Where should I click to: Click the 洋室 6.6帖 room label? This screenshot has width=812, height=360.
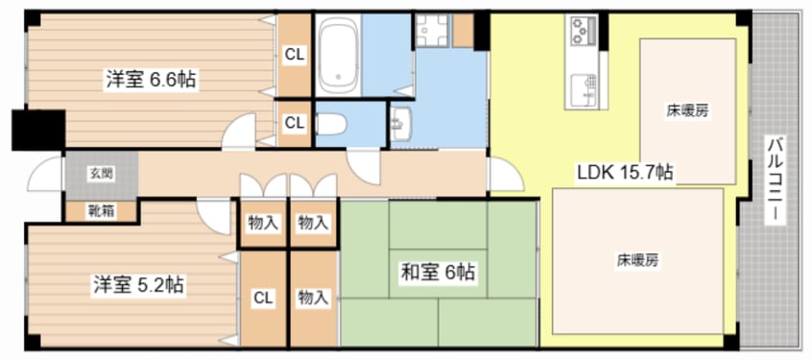[151, 81]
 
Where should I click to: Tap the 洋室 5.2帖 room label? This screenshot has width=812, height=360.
[139, 285]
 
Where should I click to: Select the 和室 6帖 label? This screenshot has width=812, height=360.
[438, 272]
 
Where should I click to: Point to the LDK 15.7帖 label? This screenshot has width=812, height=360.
[626, 172]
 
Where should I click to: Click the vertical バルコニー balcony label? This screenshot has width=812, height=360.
[776, 180]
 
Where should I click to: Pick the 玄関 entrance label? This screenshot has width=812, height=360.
[101, 174]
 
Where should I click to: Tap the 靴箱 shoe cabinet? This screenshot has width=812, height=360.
[101, 211]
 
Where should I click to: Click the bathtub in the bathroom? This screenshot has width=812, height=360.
[337, 55]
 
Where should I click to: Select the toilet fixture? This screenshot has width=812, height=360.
[331, 125]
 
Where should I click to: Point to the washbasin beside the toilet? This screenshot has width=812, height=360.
[401, 124]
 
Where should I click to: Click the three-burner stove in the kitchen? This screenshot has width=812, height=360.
[583, 31]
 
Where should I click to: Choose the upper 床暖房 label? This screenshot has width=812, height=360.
[688, 110]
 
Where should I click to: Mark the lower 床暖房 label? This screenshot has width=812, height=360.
[637, 260]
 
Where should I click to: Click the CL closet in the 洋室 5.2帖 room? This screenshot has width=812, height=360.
[263, 298]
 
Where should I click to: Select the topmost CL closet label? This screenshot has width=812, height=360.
[294, 55]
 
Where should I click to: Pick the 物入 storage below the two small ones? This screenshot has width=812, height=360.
[313, 298]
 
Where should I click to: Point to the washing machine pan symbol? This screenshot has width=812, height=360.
[433, 31]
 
